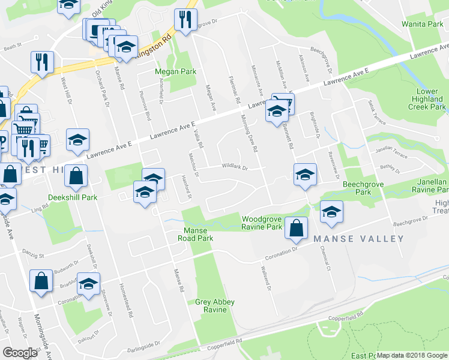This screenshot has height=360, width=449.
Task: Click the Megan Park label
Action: [x=176, y=71]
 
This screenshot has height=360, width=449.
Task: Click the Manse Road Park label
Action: [x=195, y=234]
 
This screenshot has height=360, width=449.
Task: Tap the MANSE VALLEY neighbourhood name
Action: [x=358, y=239]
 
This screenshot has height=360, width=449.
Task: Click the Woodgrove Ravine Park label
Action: [x=262, y=223]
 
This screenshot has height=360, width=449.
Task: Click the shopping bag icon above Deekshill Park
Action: [x=76, y=176]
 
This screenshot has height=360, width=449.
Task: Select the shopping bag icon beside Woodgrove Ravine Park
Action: [x=297, y=227]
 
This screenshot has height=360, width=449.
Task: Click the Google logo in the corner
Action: [x=20, y=353]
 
